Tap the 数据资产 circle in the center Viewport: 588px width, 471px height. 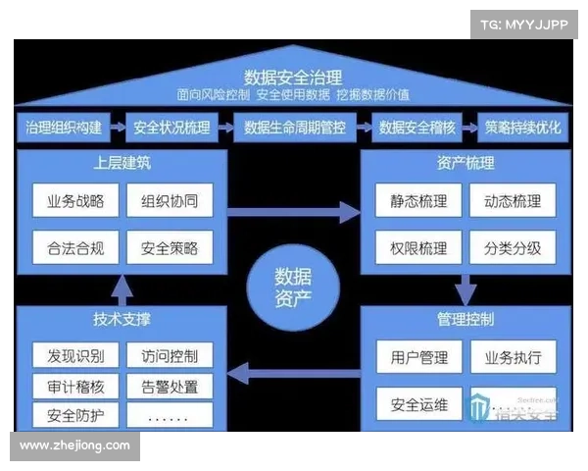point(294,286)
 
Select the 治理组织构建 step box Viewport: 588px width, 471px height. point(62,128)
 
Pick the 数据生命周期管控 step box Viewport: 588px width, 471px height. point(296,128)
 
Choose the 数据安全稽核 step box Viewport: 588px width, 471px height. point(419,128)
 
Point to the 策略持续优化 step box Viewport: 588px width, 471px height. point(523,128)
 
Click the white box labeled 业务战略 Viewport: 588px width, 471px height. point(75,202)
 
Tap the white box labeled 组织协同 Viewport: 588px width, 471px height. point(170,202)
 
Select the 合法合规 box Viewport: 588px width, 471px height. point(75,248)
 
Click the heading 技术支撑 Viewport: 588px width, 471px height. point(122,320)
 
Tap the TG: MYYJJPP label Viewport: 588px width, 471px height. point(524,25)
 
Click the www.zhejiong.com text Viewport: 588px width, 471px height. point(74,446)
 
